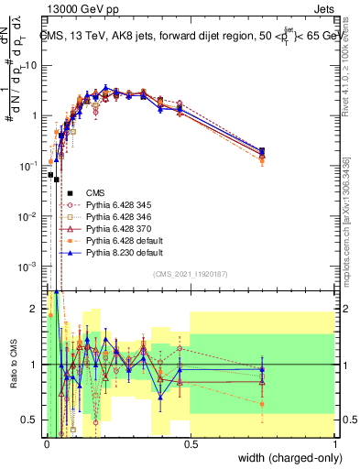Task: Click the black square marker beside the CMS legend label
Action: point(70,193)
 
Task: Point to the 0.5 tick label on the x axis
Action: point(191,443)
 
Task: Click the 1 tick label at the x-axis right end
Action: point(334,443)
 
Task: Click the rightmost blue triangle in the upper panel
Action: point(263,151)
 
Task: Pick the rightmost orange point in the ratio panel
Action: point(263,403)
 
